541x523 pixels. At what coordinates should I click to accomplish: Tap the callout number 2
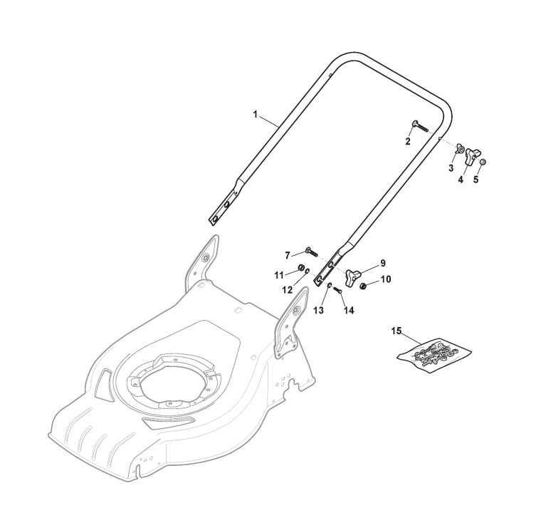tap(408, 141)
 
